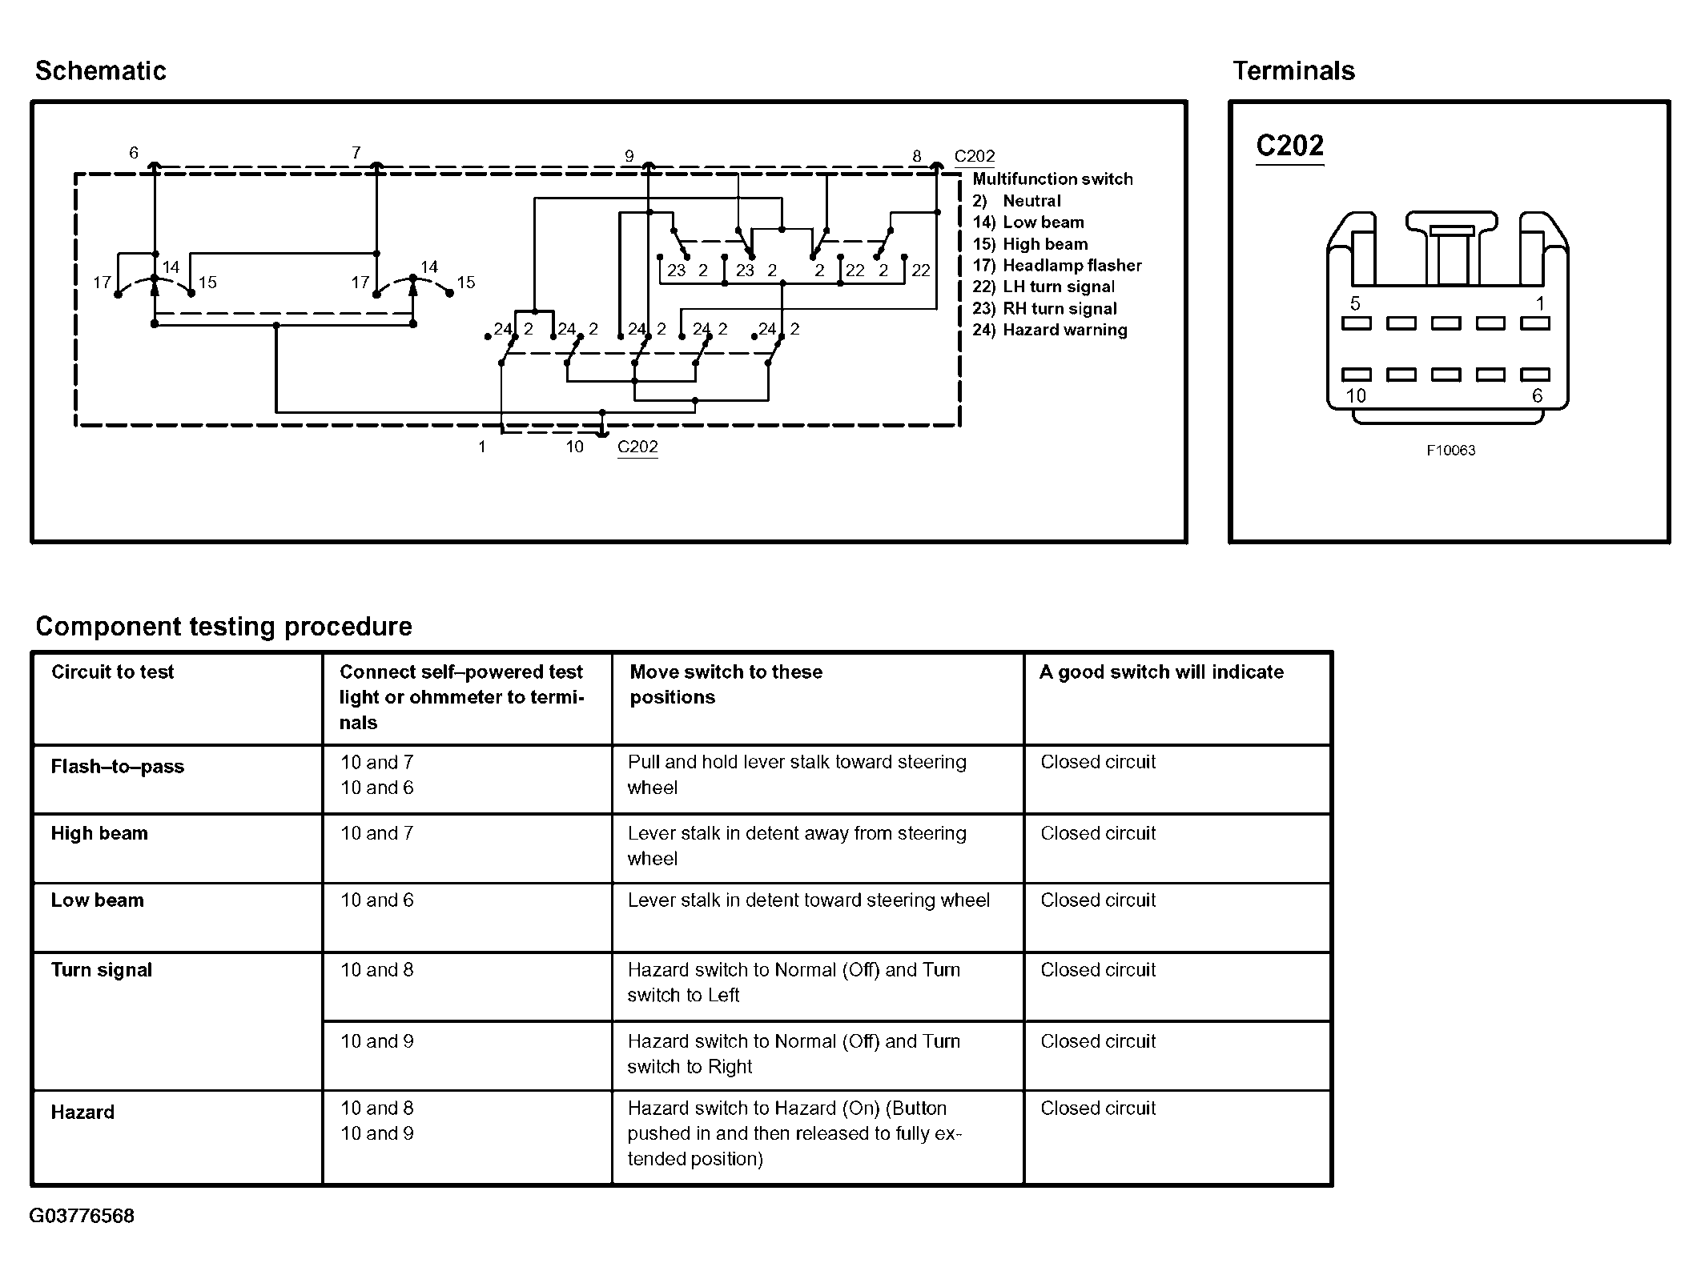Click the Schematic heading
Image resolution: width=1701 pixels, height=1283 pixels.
click(101, 71)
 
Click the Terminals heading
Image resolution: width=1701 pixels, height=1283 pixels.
click(1293, 71)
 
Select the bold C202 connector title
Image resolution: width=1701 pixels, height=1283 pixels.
click(1289, 146)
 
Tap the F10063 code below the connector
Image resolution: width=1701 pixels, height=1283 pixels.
click(1450, 451)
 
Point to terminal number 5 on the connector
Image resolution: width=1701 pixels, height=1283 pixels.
click(1355, 303)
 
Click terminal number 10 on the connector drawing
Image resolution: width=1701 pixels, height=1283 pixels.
click(1355, 395)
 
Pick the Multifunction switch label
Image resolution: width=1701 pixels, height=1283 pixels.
click(1052, 179)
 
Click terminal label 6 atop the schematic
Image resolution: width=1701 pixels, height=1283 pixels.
click(134, 152)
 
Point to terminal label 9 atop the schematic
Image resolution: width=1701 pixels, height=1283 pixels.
click(629, 156)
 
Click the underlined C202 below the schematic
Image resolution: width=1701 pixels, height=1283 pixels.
click(637, 447)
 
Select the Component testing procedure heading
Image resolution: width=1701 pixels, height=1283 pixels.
click(223, 626)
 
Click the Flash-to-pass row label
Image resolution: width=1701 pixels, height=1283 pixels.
click(117, 767)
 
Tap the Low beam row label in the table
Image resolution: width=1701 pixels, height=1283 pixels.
click(97, 900)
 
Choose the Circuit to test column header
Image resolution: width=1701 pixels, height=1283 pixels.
click(112, 672)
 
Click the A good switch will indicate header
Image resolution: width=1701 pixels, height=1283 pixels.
click(1160, 672)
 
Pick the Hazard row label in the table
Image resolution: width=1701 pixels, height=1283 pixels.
click(82, 1112)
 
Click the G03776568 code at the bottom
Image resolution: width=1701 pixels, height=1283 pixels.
click(82, 1216)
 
